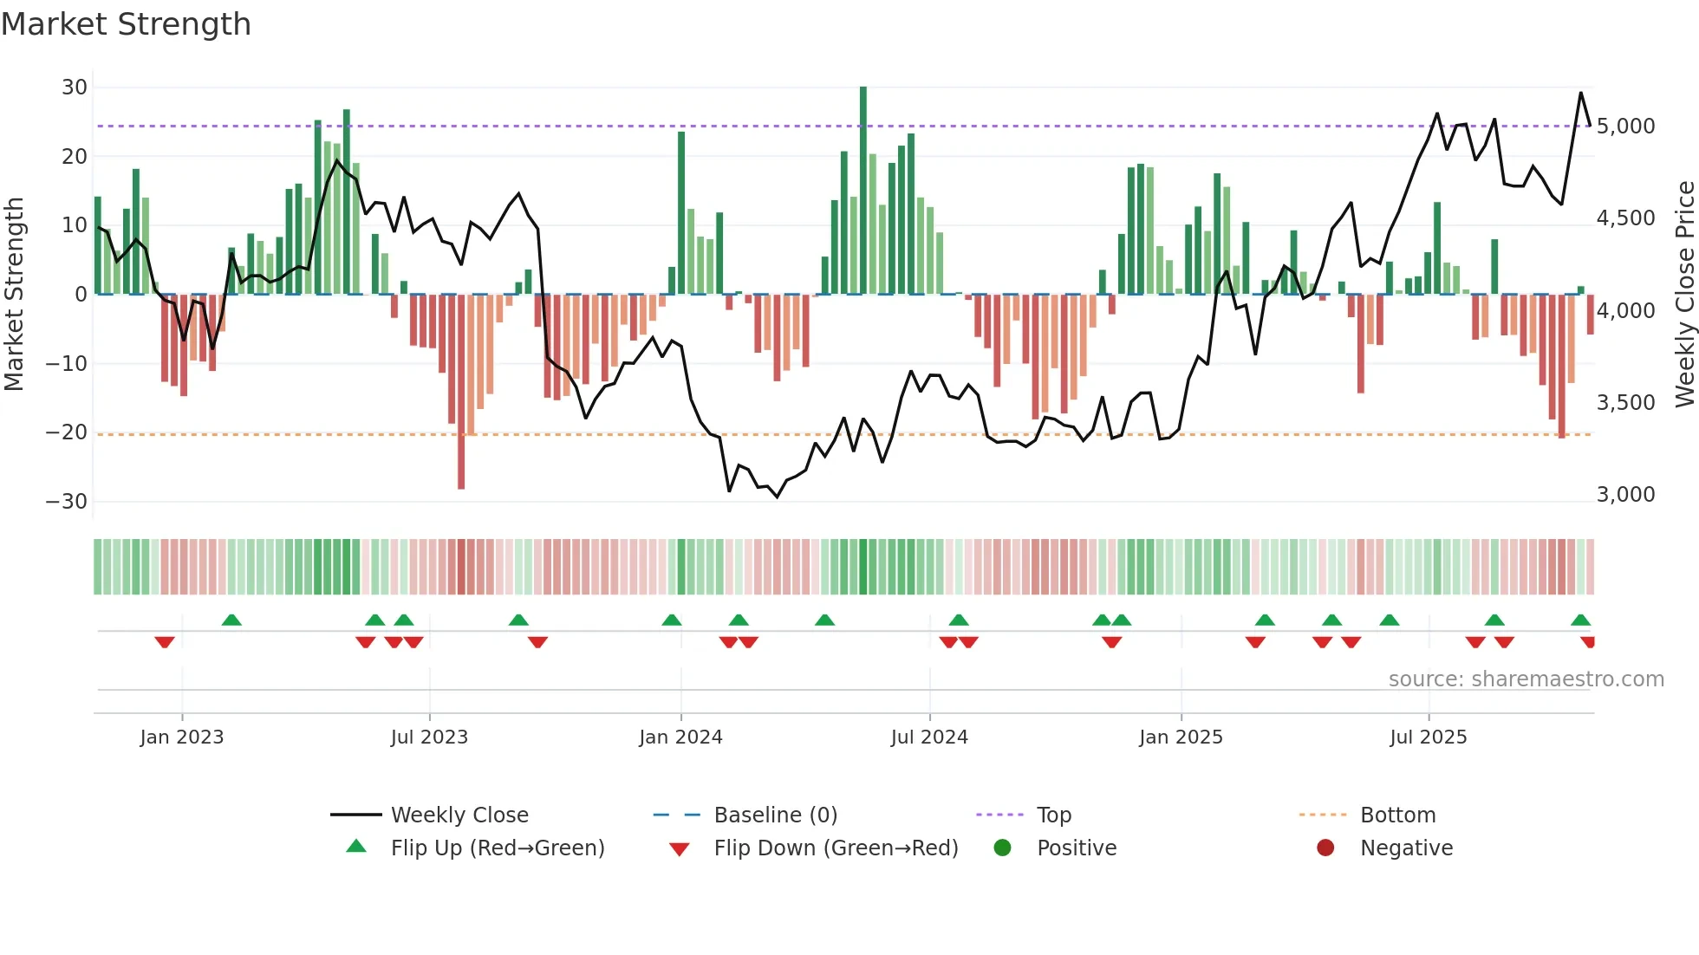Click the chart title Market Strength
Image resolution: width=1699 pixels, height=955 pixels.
[126, 24]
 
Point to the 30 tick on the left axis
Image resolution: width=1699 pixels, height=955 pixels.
[75, 88]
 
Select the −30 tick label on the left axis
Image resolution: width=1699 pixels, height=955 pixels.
[67, 502]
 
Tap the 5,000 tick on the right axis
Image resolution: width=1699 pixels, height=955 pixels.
[1625, 127]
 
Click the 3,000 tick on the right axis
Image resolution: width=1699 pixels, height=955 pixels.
[1625, 495]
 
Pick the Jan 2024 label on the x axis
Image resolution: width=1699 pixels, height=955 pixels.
[680, 737]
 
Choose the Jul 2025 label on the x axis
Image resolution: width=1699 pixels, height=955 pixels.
[1428, 737]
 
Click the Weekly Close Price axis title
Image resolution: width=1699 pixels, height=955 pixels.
[1684, 295]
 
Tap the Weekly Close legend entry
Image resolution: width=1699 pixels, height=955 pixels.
[459, 815]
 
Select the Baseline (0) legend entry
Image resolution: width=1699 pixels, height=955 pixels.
[775, 815]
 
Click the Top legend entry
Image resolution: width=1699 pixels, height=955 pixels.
[1054, 815]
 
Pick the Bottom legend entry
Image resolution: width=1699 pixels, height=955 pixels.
[1397, 815]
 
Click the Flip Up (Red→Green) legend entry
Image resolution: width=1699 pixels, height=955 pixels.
[497, 848]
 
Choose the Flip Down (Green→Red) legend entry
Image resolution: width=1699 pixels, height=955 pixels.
[836, 848]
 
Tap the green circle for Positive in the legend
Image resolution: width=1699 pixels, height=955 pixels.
[1003, 848]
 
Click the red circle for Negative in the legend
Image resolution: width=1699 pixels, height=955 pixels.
[1325, 848]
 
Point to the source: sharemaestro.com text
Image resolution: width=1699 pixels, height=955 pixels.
[1526, 679]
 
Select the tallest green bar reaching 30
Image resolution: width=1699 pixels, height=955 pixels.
[863, 191]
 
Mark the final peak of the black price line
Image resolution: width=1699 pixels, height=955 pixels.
[1580, 93]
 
